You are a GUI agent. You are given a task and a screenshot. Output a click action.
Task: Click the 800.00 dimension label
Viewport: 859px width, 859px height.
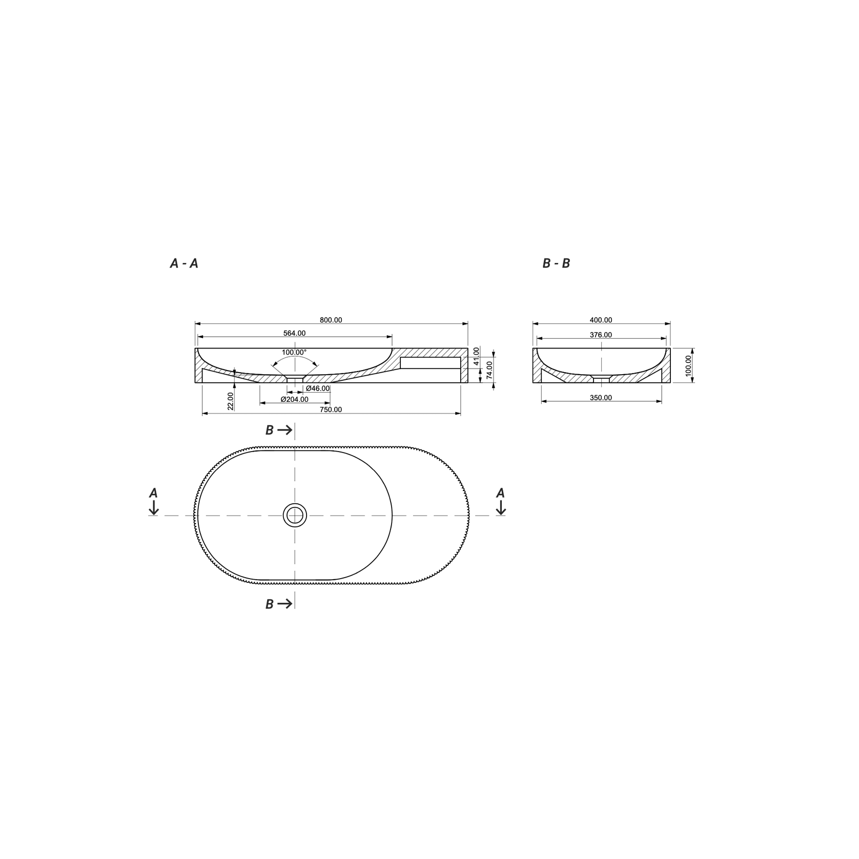(331, 320)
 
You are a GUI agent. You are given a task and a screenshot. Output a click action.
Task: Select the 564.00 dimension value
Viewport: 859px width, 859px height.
(294, 333)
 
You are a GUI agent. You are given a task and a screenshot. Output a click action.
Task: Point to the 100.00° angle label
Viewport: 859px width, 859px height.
(294, 353)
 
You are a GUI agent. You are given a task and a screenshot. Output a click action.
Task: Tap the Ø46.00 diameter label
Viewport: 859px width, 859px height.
(317, 388)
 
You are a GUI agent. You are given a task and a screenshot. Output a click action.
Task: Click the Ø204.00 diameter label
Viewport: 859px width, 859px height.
(294, 399)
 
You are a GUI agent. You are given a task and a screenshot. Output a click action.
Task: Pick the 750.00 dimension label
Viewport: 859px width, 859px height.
(331, 410)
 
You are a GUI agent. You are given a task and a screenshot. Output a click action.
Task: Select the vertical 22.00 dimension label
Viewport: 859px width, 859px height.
(231, 401)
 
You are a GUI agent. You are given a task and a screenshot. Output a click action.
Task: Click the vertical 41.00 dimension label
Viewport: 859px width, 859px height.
(476, 356)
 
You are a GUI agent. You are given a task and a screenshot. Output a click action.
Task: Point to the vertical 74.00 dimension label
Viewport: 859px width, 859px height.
(489, 370)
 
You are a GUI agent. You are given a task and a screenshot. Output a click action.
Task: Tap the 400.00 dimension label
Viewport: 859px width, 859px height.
(601, 320)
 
